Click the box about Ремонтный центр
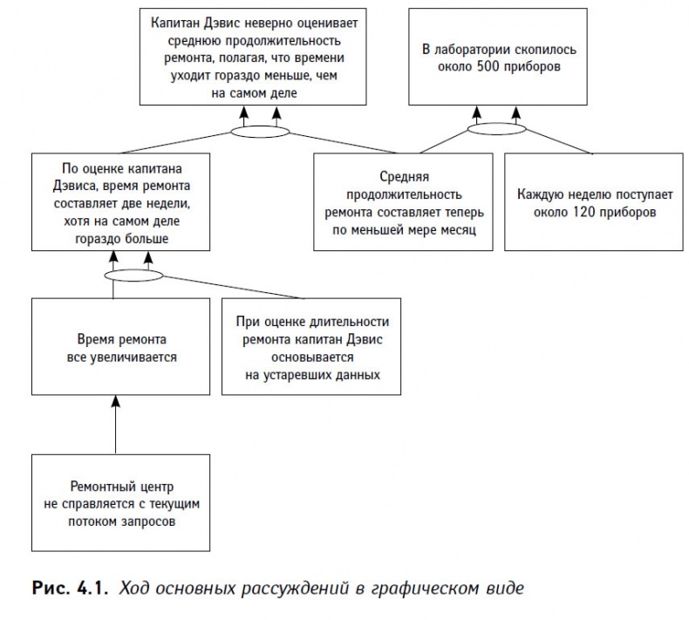(115, 503)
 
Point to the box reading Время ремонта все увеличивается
(115, 347)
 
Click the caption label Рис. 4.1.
(65, 588)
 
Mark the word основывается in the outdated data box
(311, 357)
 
